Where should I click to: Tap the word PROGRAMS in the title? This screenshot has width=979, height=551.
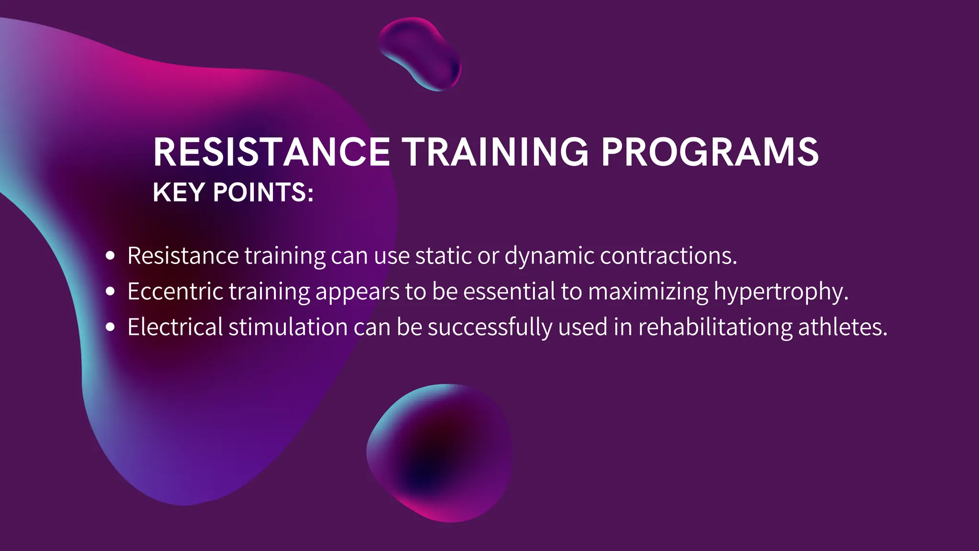pyautogui.click(x=710, y=152)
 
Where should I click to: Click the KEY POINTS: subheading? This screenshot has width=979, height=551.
pyautogui.click(x=233, y=192)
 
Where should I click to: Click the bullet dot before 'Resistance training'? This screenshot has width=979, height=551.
pyautogui.click(x=110, y=256)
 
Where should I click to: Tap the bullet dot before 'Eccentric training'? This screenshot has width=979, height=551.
pyautogui.click(x=110, y=291)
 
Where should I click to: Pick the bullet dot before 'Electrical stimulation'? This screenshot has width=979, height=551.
pyautogui.click(x=110, y=327)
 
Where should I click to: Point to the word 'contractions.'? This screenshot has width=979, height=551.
pyautogui.click(x=668, y=256)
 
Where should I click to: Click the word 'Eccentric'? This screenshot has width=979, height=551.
pyautogui.click(x=175, y=291)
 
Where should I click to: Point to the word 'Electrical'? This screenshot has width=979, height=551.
pyautogui.click(x=175, y=327)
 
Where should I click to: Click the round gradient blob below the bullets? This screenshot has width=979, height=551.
pyautogui.click(x=440, y=452)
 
